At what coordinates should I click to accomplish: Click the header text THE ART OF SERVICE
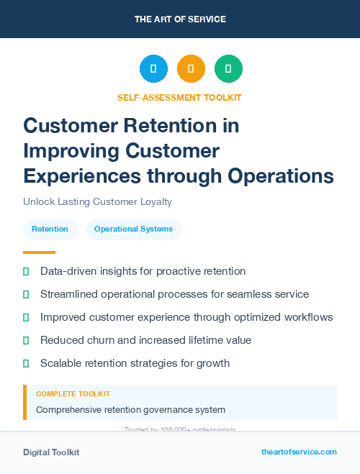[x=180, y=19]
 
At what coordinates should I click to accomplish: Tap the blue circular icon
[x=153, y=69]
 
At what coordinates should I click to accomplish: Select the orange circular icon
[x=191, y=69]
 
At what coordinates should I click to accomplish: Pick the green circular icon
[x=228, y=69]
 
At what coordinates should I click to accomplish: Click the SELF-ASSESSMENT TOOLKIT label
[x=179, y=97]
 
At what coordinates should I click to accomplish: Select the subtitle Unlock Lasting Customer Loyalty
[x=97, y=201]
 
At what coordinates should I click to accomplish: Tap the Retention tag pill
[x=50, y=229]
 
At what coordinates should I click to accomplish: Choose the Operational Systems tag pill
[x=133, y=229]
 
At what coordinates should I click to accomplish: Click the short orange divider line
[x=39, y=252]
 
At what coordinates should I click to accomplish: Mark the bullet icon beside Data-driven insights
[x=26, y=272]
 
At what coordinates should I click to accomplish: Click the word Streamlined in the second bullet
[x=69, y=294]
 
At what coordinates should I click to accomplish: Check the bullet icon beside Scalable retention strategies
[x=26, y=363]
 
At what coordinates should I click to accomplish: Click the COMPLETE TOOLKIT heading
[x=73, y=394]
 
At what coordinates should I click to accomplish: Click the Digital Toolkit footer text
[x=51, y=452]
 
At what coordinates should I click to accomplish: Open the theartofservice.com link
[x=299, y=452]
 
